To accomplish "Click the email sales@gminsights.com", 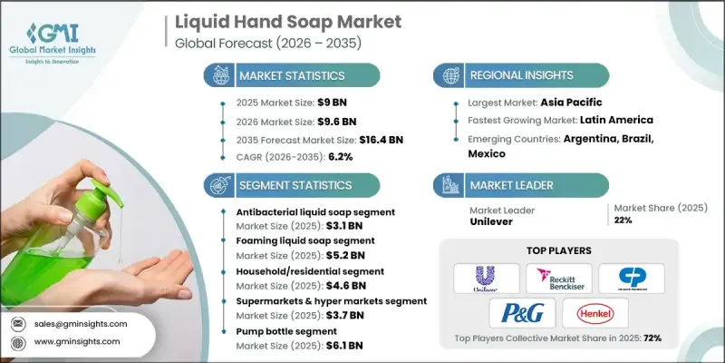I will [81, 323].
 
